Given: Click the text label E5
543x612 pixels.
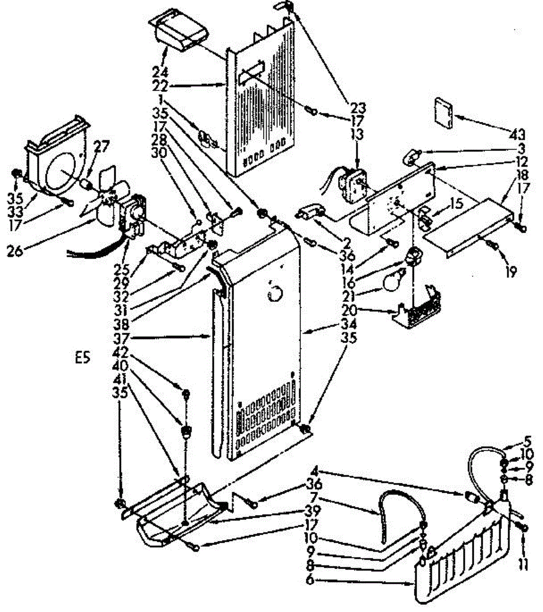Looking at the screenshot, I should point(82,358).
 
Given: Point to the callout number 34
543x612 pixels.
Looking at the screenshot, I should point(351,323).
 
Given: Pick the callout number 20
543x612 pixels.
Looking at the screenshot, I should point(351,310).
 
